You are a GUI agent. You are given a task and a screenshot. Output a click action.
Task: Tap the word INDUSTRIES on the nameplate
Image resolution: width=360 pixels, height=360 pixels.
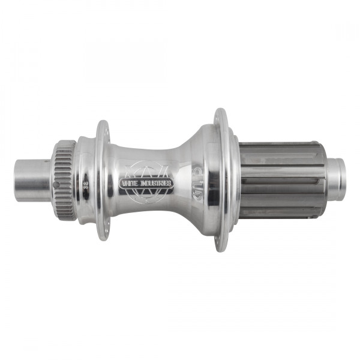(x=155, y=182)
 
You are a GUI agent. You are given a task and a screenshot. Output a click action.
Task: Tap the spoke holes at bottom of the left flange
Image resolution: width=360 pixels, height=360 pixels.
(x=104, y=229)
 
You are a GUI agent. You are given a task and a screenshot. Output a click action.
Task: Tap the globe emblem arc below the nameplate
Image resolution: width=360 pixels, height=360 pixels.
(x=146, y=197)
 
